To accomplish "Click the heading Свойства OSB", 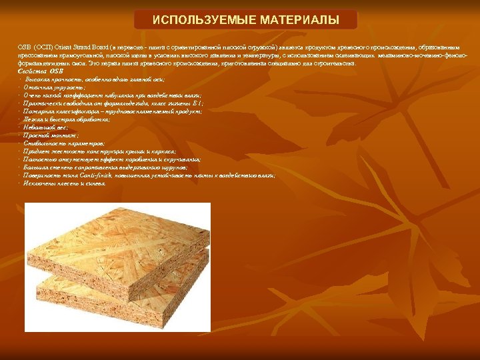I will point(40,71).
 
